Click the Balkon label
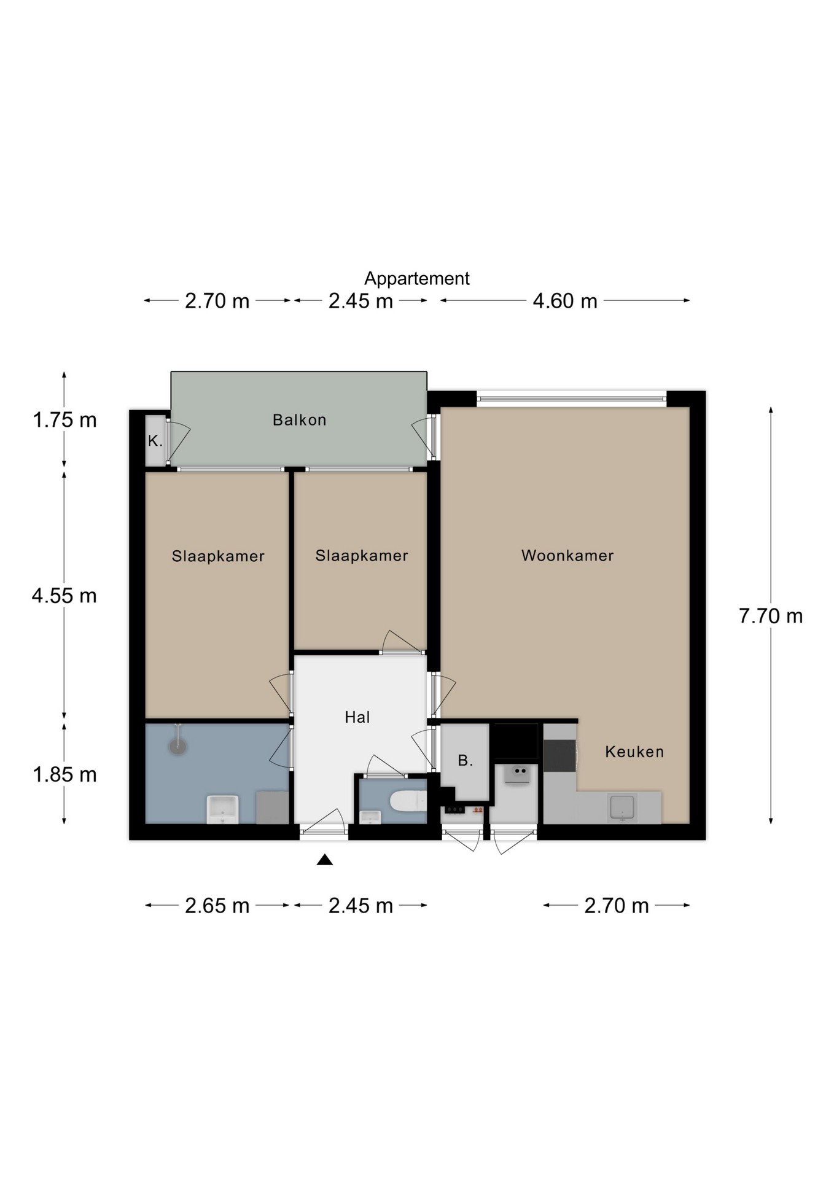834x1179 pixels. click(x=299, y=420)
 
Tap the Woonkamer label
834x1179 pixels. click(x=567, y=556)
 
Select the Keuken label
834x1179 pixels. click(x=634, y=752)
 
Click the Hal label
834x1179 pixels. click(x=357, y=717)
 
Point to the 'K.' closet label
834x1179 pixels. click(x=155, y=440)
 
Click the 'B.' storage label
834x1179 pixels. click(x=466, y=760)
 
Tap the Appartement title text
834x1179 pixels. click(x=417, y=279)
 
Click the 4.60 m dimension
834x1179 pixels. click(x=565, y=301)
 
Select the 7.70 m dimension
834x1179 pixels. click(x=771, y=616)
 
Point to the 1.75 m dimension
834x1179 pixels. click(x=64, y=420)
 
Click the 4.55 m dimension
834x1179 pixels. click(x=64, y=596)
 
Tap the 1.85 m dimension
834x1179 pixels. click(x=64, y=775)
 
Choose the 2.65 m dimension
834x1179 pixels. click(x=217, y=906)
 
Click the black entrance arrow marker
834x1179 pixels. click(x=325, y=860)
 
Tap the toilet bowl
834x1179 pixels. click(x=408, y=801)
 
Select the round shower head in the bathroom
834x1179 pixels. click(x=177, y=746)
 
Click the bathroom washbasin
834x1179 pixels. click(x=222, y=809)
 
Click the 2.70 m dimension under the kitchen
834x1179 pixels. click(x=617, y=906)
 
